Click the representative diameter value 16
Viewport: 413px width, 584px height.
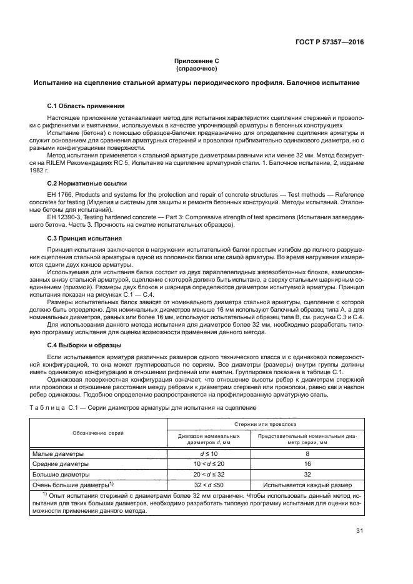coord(307,464)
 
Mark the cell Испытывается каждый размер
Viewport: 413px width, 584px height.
coord(307,485)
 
